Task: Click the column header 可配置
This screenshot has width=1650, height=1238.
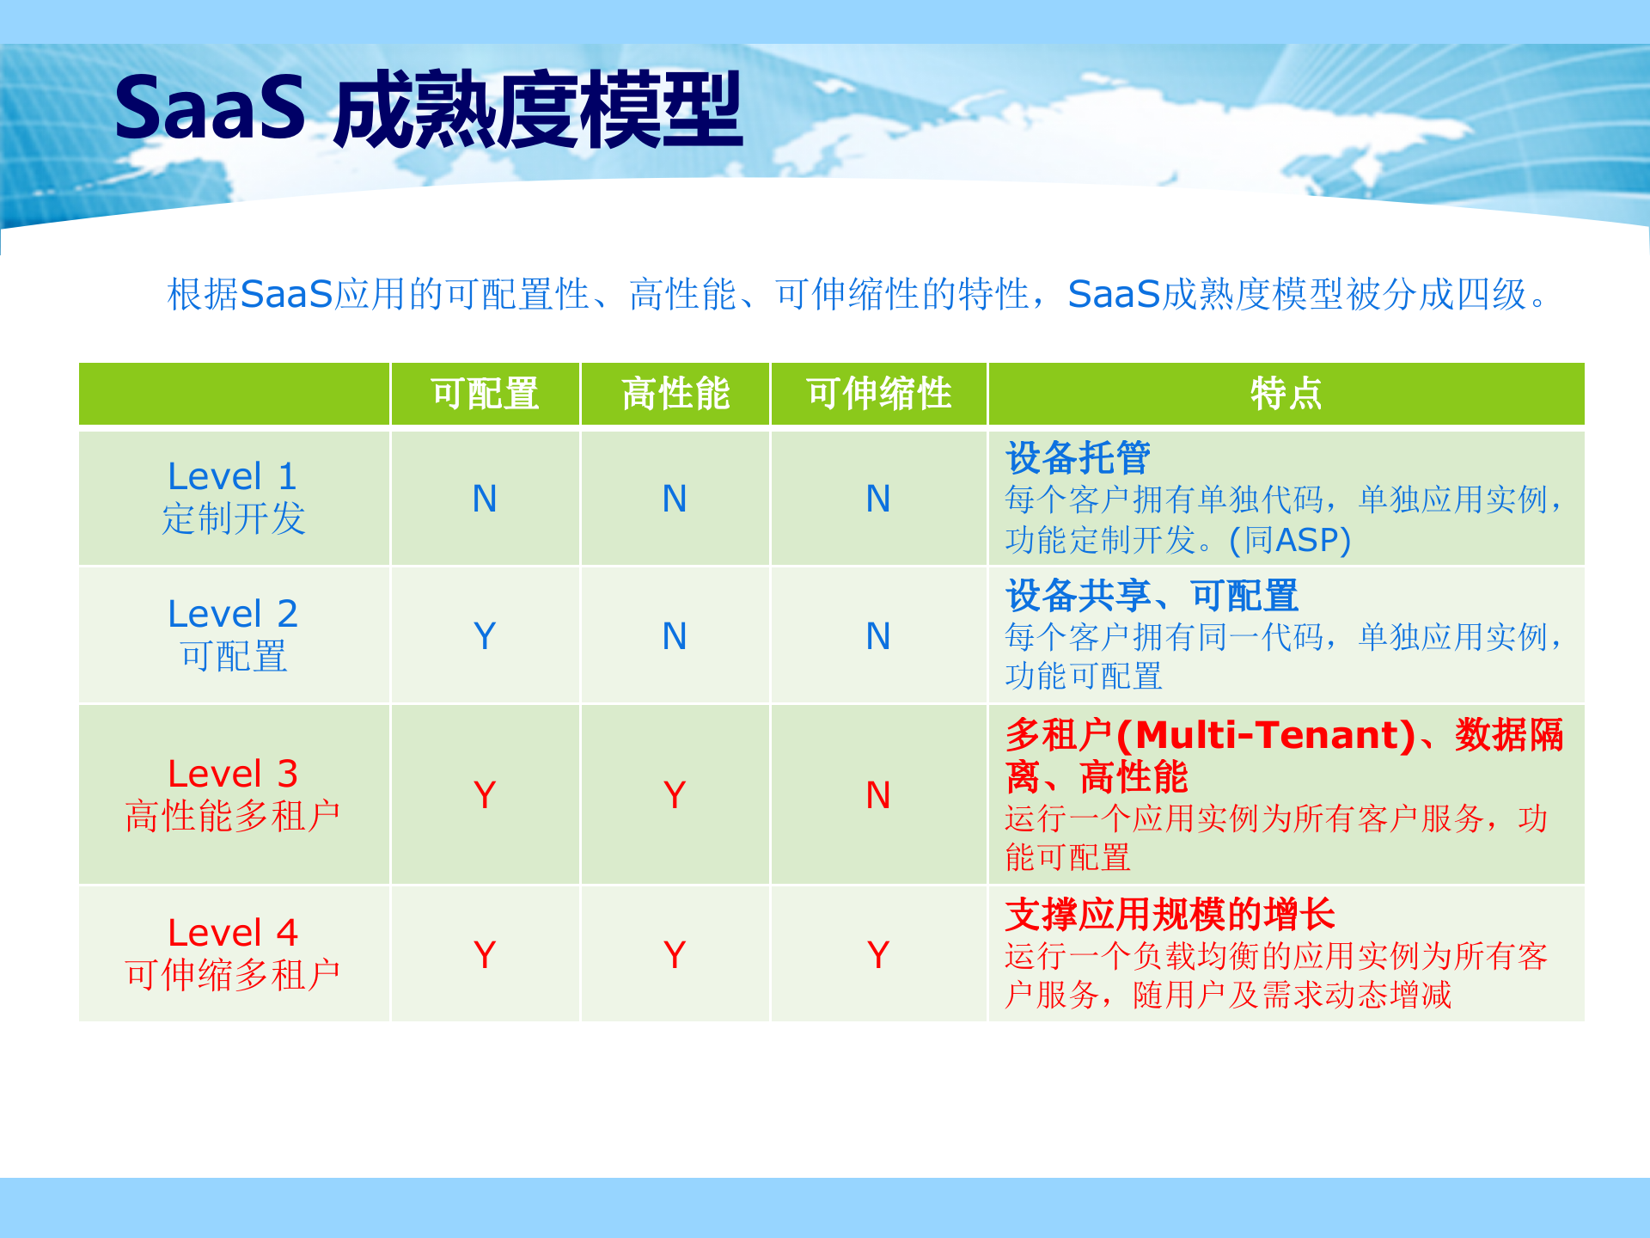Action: (485, 394)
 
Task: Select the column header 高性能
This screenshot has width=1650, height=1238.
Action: (675, 394)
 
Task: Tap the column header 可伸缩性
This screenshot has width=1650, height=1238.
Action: (878, 394)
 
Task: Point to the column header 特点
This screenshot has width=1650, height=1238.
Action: (1286, 394)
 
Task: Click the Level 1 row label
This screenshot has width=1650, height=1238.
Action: (233, 498)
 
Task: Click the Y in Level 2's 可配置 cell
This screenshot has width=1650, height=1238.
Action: (485, 636)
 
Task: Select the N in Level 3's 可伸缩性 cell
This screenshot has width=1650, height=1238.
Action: (878, 795)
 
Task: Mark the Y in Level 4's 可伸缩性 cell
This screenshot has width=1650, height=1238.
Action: (878, 954)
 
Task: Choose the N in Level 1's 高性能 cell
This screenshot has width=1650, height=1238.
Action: (675, 499)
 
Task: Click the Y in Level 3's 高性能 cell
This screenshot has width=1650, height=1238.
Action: (675, 795)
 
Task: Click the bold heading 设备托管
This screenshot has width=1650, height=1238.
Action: (1078, 457)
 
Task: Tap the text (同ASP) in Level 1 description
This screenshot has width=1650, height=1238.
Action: (1289, 540)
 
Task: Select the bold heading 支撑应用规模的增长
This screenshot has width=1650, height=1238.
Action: (1170, 914)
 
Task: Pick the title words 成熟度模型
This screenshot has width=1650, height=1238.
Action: (538, 111)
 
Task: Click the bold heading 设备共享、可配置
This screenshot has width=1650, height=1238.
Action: (1152, 595)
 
